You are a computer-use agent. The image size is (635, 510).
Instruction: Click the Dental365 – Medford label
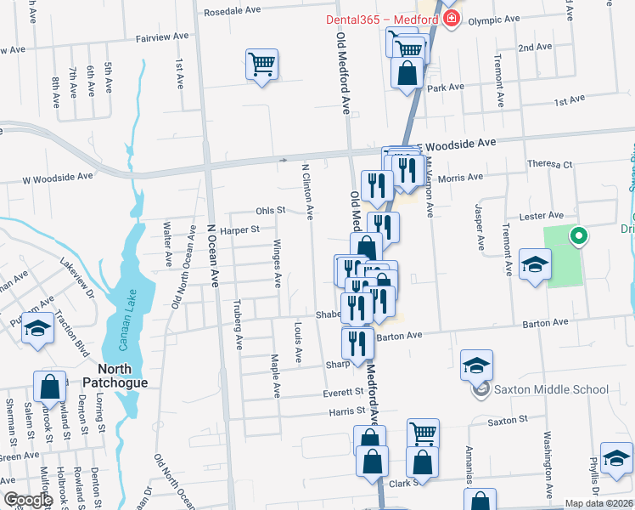[x=383, y=20]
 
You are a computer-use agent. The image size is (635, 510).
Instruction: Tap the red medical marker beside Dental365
[x=451, y=20]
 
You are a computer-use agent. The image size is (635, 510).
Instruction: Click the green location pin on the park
[x=579, y=236]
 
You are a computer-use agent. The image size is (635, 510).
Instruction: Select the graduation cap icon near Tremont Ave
[x=535, y=266]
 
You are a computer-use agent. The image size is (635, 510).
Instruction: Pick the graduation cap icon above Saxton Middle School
[x=477, y=366]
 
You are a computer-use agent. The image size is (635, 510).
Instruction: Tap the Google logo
[x=28, y=501]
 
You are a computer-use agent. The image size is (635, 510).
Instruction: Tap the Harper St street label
[x=239, y=229]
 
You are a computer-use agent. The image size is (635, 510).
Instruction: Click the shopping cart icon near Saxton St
[x=422, y=433]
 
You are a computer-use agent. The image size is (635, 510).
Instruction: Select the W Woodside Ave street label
[x=58, y=178]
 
